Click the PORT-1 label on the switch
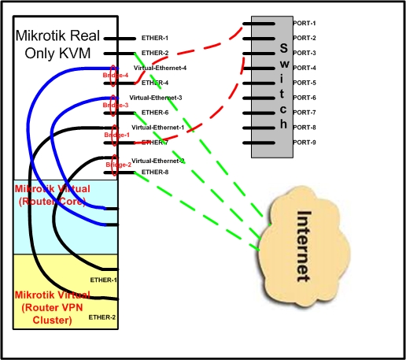coord(304,23)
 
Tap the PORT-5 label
coord(304,83)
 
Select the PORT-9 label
coord(304,143)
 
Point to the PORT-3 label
coord(304,53)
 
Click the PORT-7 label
coord(304,113)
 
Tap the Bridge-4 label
coord(115,75)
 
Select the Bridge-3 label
coord(115,104)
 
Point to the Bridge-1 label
coord(116,135)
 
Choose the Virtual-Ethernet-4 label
coord(160,69)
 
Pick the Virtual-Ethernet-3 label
coord(156,98)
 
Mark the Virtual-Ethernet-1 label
coord(157,127)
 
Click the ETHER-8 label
coord(154,172)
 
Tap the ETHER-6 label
coord(154,113)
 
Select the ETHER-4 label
coord(154,83)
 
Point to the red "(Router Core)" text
coord(54,201)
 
